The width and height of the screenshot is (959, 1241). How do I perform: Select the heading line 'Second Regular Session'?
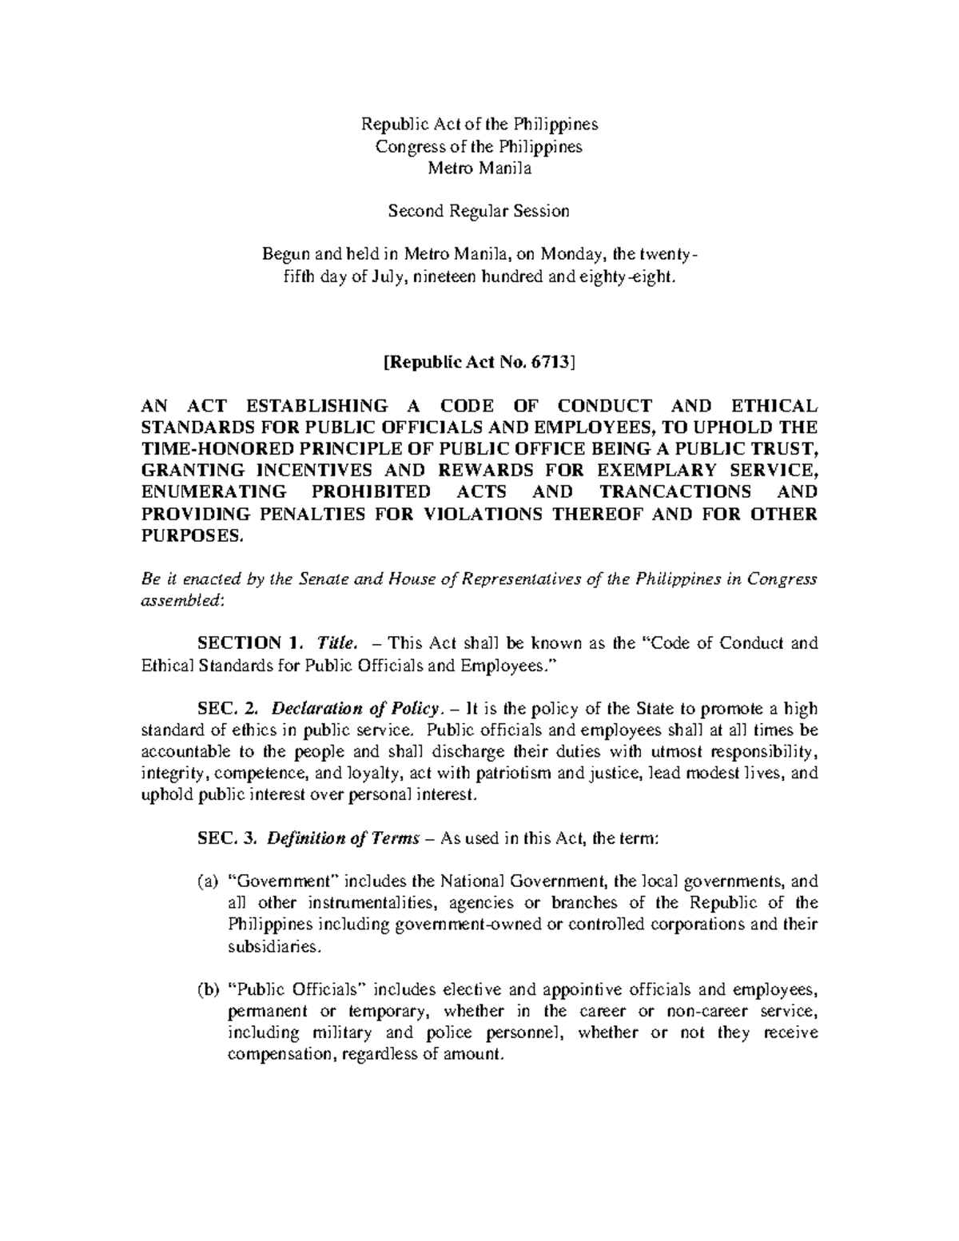click(479, 211)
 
